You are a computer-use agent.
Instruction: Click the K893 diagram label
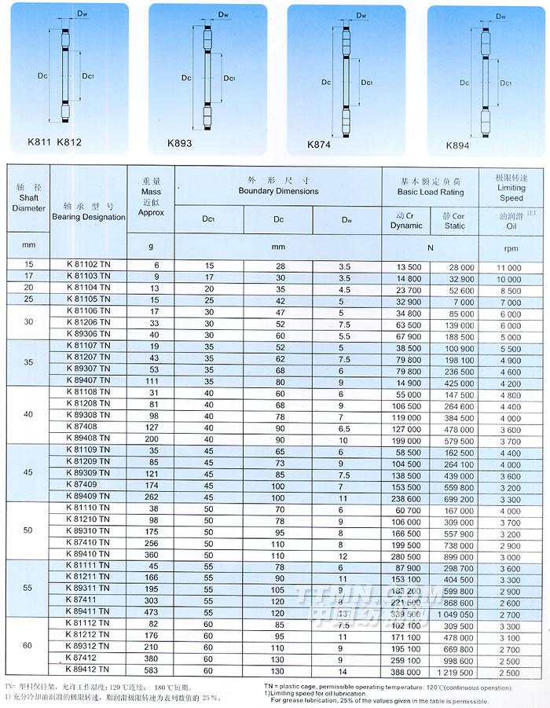pos(179,144)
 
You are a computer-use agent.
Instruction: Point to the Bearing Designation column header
pos(89,217)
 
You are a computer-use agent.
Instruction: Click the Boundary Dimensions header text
pos(278,191)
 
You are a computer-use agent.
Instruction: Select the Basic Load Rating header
pos(430,192)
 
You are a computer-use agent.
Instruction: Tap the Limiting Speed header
pos(511,198)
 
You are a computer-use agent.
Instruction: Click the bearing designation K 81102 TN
pos(88,266)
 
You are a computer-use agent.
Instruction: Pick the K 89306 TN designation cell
pos(88,334)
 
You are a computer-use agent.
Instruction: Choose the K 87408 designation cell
pos(88,427)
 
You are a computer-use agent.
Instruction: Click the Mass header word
pos(151,191)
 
